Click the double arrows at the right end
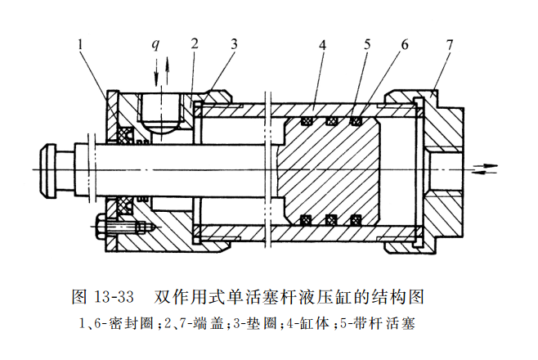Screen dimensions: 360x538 [486, 169]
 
